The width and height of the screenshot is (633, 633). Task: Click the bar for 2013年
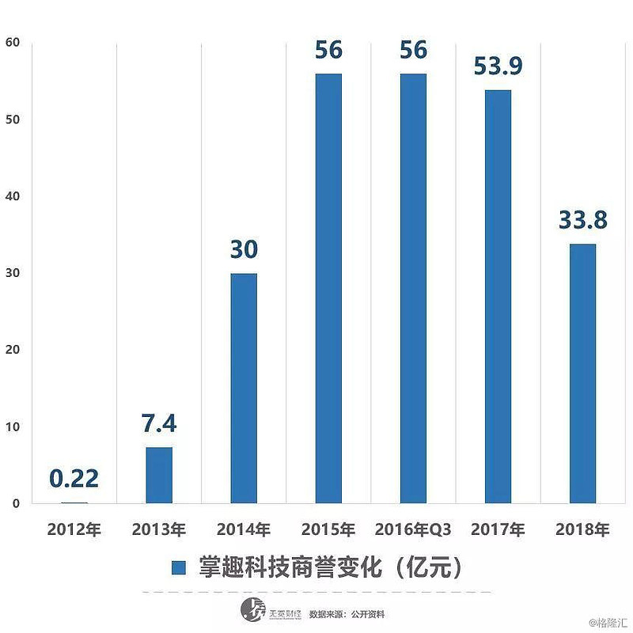159,475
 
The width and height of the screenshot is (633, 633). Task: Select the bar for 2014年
244,388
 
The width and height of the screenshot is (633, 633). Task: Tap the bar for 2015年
328,289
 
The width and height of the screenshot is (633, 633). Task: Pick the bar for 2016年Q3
413,289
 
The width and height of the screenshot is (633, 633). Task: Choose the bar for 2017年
498,297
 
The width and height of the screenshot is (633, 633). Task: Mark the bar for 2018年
582,373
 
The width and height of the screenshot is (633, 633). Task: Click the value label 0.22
74,478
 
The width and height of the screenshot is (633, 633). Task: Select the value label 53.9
498,66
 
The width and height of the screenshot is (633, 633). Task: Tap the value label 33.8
582,219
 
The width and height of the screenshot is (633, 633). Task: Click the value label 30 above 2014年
244,249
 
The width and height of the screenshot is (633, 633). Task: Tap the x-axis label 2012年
74,529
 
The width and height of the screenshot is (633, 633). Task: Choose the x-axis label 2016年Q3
413,529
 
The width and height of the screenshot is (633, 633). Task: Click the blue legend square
179,567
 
